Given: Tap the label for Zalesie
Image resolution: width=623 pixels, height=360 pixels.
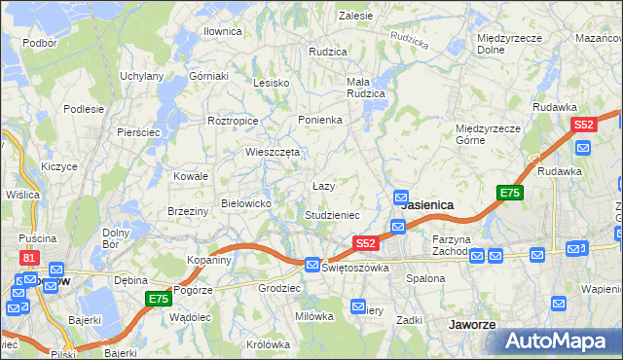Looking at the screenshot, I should (x=355, y=16).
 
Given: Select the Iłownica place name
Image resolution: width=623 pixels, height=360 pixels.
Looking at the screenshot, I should (x=222, y=31).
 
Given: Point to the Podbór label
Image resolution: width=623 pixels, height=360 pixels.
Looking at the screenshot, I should (x=39, y=43).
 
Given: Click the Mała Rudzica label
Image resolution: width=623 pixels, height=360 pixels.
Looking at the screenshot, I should (x=366, y=88).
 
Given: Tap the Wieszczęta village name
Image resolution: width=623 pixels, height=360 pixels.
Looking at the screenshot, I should (x=271, y=152).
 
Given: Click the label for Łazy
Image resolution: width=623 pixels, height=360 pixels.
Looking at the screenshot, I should (x=323, y=186).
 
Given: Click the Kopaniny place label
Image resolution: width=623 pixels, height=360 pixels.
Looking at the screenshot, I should (x=209, y=261).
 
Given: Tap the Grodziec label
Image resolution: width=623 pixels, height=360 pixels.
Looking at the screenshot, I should (x=278, y=289).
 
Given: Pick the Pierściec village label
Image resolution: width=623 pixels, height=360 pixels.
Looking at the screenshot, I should (x=137, y=131).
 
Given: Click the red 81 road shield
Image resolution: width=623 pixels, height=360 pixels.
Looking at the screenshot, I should (x=29, y=258).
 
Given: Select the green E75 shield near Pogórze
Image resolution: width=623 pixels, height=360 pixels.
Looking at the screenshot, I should (x=159, y=299).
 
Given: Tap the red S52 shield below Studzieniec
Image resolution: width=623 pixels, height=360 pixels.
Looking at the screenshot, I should (x=365, y=243).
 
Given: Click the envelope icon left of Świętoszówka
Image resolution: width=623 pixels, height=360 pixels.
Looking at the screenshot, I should (x=311, y=265).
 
